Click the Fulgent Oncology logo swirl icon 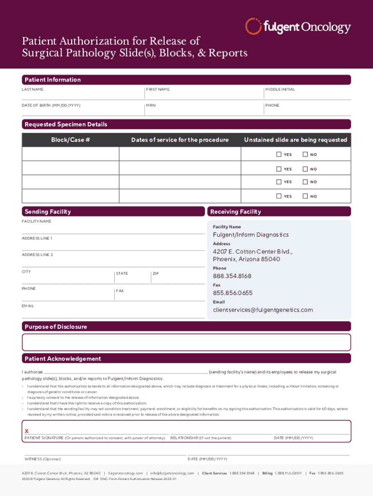[x=254, y=26]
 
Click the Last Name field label [x=32, y=90]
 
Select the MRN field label [x=151, y=106]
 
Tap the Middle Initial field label [x=280, y=90]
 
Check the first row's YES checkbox [x=279, y=155]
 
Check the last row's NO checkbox [x=305, y=196]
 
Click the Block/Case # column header [x=71, y=140]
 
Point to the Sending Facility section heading [x=47, y=212]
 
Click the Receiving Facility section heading [x=235, y=212]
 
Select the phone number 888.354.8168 [x=232, y=276]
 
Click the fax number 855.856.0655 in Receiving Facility [x=233, y=293]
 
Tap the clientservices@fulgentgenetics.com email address [x=263, y=310]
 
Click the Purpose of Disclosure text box [x=186, y=342]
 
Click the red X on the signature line [x=27, y=431]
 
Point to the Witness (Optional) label [x=43, y=459]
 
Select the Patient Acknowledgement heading [x=62, y=359]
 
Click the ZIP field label [x=155, y=274]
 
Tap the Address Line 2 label [x=37, y=255]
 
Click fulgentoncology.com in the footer [x=125, y=473]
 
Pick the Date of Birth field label [x=51, y=106]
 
